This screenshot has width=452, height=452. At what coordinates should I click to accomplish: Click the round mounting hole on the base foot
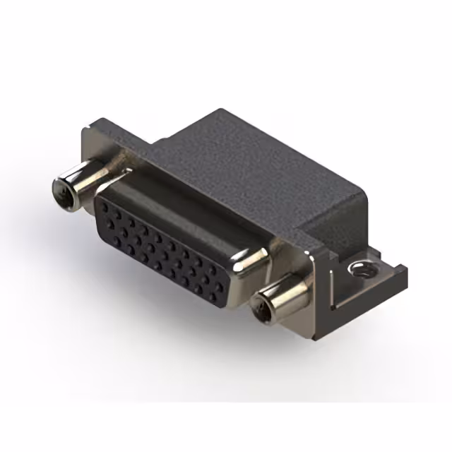pos(362,269)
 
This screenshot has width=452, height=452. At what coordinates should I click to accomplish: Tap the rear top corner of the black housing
pos(223,111)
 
